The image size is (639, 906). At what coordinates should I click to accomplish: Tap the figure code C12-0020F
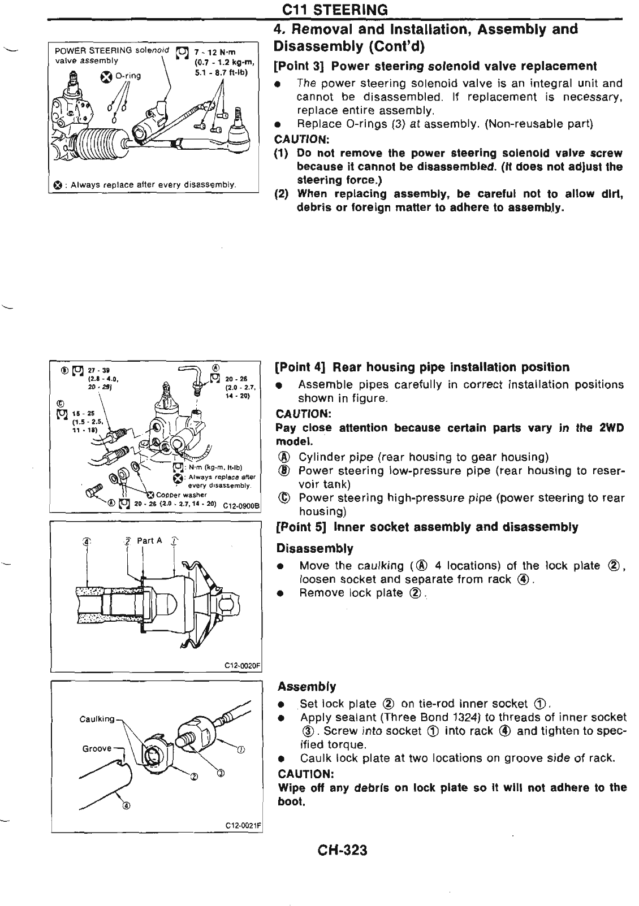point(242,665)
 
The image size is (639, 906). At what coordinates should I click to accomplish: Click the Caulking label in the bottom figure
point(97,719)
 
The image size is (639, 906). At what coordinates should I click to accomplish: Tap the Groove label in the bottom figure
point(97,748)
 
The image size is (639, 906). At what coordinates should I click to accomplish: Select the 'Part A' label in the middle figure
point(149,541)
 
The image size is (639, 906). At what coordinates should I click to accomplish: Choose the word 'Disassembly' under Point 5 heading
point(314,548)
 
